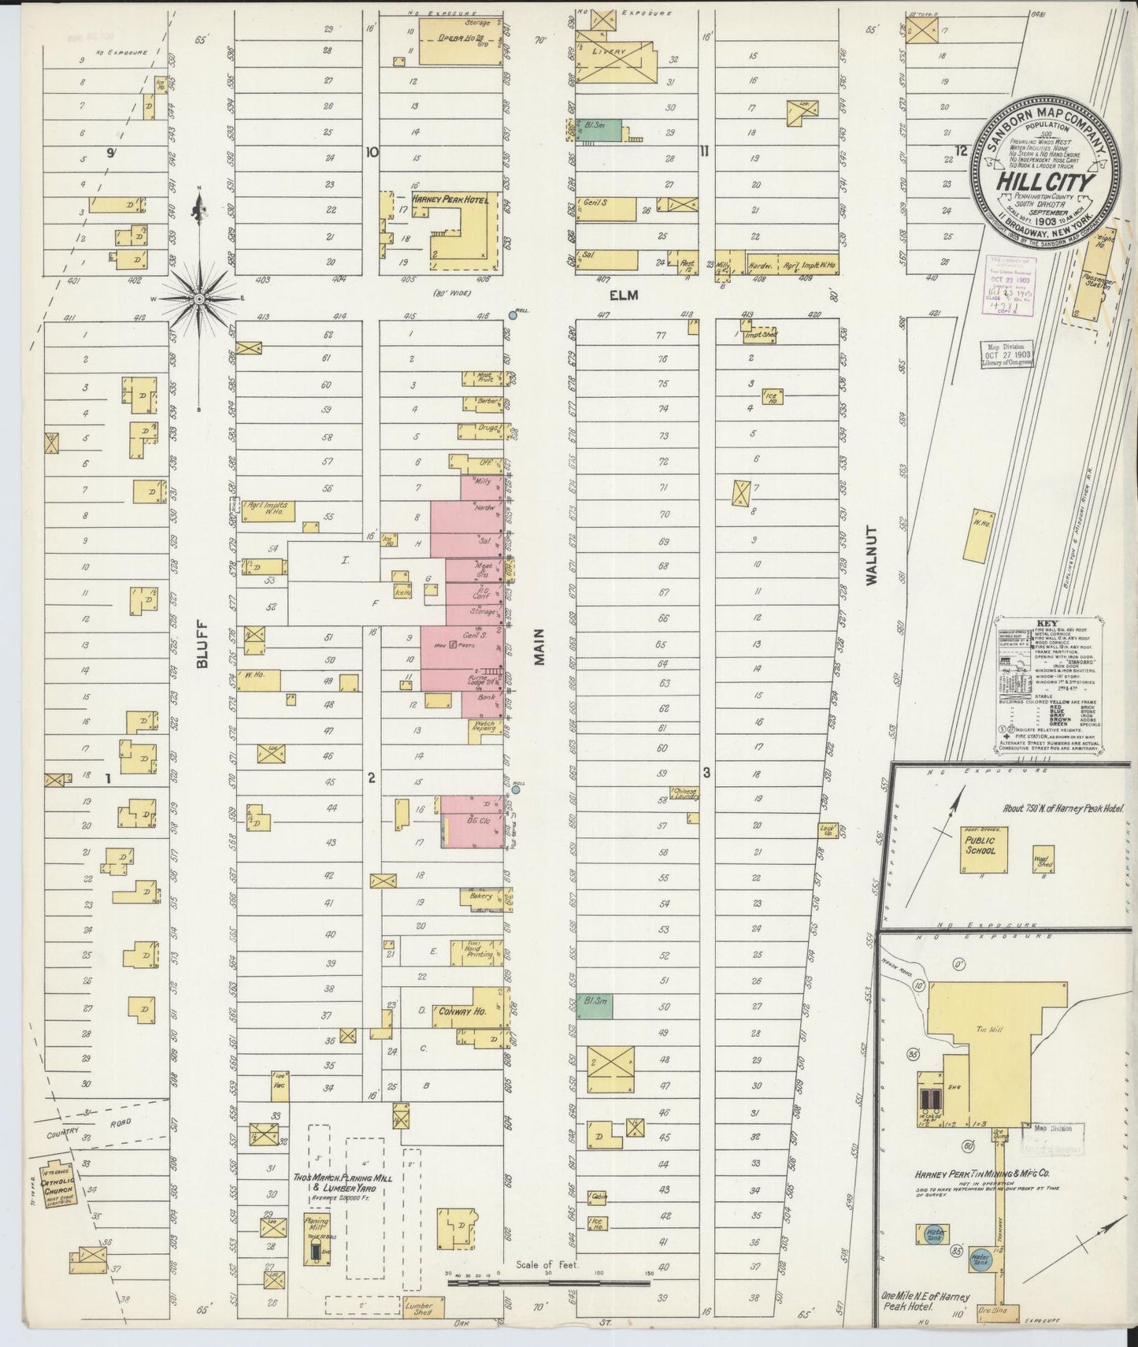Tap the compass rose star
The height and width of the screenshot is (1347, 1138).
point(199,299)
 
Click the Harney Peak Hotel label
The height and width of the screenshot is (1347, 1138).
point(448,200)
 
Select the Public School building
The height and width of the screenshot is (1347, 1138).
point(981,849)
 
